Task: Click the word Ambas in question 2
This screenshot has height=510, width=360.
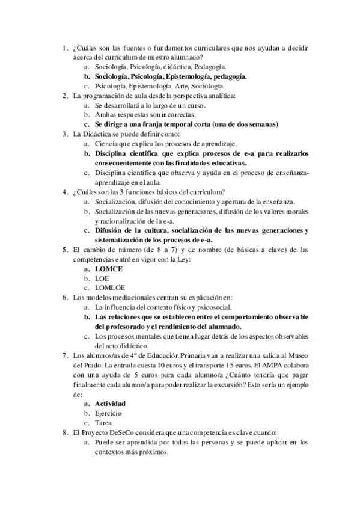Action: coord(107,115)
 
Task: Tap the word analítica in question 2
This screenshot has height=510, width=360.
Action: coord(219,96)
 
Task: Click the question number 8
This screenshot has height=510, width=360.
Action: coord(65,432)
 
